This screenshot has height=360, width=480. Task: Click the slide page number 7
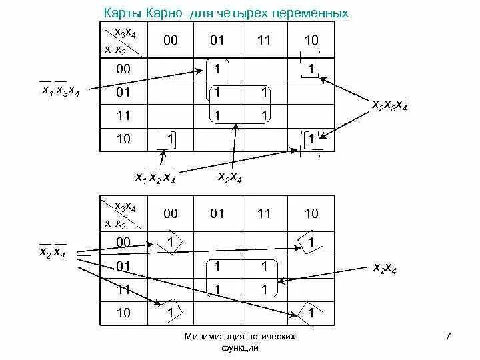pyautogui.click(x=448, y=337)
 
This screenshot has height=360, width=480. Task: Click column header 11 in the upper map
pyautogui.click(x=264, y=40)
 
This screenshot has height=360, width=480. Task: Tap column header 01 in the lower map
pyautogui.click(x=217, y=213)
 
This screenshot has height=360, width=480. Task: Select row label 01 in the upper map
pyautogui.click(x=123, y=93)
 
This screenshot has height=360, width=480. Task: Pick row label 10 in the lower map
pyautogui.click(x=123, y=312)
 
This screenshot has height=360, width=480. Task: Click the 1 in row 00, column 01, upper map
pyautogui.click(x=217, y=69)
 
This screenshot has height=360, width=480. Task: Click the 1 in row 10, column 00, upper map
pyautogui.click(x=171, y=139)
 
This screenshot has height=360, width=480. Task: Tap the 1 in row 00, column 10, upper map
pyautogui.click(x=311, y=69)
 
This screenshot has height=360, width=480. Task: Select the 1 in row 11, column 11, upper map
pyautogui.click(x=264, y=115)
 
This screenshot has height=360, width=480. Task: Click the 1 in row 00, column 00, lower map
pyautogui.click(x=171, y=243)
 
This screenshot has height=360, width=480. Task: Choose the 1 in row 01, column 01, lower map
pyautogui.click(x=217, y=266)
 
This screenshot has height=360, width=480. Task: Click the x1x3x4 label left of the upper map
pyautogui.click(x=60, y=92)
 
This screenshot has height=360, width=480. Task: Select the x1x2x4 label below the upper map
pyautogui.click(x=155, y=177)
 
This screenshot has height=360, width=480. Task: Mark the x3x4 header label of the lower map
pyautogui.click(x=125, y=207)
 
